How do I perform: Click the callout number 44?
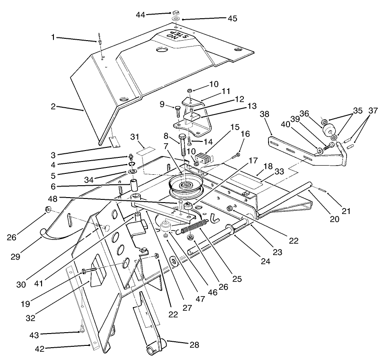tap(141, 15)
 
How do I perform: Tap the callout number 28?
tap(194, 345)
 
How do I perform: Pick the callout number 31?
tap(134, 136)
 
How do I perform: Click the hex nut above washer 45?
tap(175, 12)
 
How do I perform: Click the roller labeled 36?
tap(328, 130)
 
